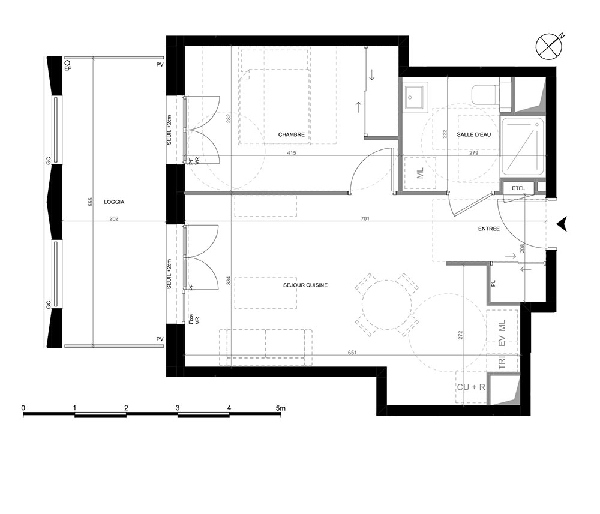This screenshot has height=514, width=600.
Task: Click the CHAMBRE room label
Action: (x=291, y=134)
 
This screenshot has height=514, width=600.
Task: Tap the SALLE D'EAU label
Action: (x=474, y=134)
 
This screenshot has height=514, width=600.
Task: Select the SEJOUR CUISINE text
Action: (x=305, y=285)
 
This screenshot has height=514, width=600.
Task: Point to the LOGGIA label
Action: (x=114, y=202)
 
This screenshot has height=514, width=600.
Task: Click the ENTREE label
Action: (x=489, y=229)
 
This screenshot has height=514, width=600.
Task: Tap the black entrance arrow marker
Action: (x=562, y=224)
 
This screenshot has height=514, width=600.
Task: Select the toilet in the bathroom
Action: (x=484, y=94)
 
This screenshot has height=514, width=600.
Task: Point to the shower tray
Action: (x=523, y=148)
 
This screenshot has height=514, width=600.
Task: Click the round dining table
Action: (x=387, y=305)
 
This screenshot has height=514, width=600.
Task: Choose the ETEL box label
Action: (x=518, y=188)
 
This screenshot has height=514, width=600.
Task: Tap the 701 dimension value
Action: (x=365, y=219)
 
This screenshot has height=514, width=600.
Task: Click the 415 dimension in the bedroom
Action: (x=291, y=153)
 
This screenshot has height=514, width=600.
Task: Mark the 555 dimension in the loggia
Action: (x=91, y=202)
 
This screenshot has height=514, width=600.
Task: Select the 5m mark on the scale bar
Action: (x=280, y=408)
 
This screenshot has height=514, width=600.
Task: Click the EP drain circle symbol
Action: (x=67, y=62)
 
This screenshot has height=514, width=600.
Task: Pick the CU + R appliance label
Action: (x=471, y=387)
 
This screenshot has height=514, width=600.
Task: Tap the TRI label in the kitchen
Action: (x=502, y=362)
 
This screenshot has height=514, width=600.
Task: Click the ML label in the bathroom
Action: (x=420, y=173)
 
